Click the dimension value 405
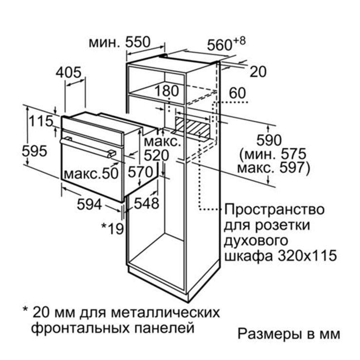[69, 72]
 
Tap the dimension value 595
[35, 151]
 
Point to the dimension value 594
[89, 204]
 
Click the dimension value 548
[146, 203]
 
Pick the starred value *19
[112, 229]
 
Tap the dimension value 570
[140, 172]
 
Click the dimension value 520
[156, 155]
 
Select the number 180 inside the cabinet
[166, 90]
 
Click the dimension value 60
[237, 93]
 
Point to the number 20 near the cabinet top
[258, 72]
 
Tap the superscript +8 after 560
[239, 41]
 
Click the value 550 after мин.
[138, 42]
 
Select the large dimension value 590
[269, 140]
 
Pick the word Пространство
[274, 210]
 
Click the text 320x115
[307, 255]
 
